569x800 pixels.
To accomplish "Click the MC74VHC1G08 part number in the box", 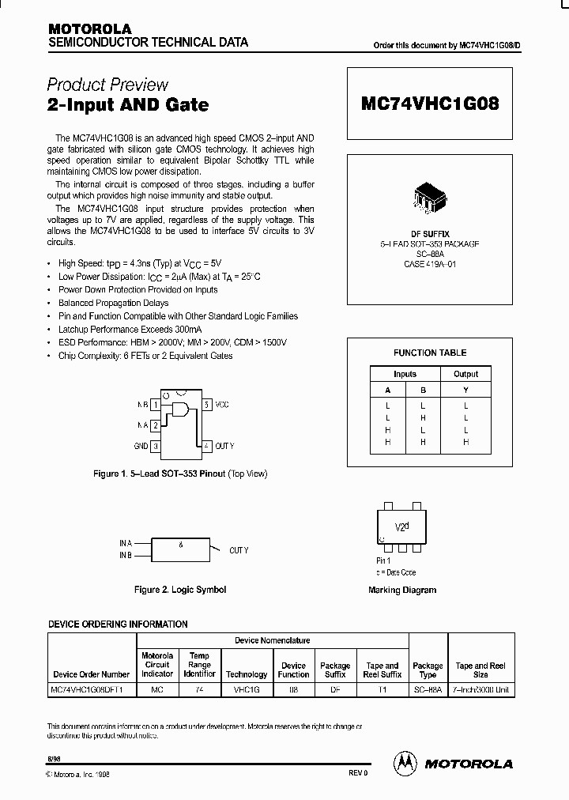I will click(x=430, y=104).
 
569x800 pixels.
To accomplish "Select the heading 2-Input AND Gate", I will click(x=128, y=104).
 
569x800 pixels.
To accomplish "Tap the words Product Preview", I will click(x=107, y=85).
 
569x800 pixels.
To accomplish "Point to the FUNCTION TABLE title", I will click(x=430, y=353).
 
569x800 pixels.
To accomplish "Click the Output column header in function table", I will click(x=465, y=374).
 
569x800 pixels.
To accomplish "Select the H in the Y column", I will click(x=465, y=442).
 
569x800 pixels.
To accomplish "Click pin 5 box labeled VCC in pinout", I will click(x=206, y=404).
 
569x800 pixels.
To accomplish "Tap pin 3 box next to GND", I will click(x=156, y=446).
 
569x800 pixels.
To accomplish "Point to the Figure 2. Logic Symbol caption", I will click(x=180, y=590).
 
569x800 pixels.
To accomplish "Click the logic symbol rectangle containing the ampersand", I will click(x=181, y=549).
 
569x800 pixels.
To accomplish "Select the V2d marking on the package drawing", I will click(x=402, y=526).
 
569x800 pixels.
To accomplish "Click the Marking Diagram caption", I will click(x=402, y=590).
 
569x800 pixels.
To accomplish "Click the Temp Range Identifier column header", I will click(x=200, y=665).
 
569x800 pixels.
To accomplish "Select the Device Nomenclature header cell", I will click(x=272, y=640).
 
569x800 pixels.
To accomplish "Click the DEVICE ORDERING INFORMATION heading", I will click(x=119, y=624).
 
